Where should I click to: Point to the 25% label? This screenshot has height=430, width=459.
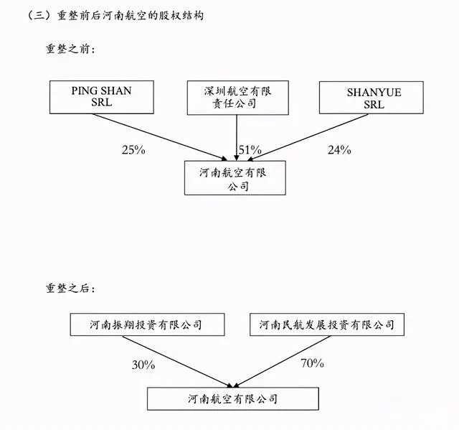pyautogui.click(x=133, y=150)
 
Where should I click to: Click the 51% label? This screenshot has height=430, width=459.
pyautogui.click(x=250, y=150)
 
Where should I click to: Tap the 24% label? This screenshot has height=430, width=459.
pyautogui.click(x=339, y=150)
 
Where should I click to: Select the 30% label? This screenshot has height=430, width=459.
pyautogui.click(x=143, y=365)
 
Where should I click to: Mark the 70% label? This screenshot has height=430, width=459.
pyautogui.click(x=313, y=363)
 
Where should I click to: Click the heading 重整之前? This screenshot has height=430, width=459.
pyautogui.click(x=70, y=49)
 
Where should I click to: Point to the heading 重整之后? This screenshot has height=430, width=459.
pyautogui.click(x=70, y=289)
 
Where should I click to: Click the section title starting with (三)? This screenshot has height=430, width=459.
pyautogui.click(x=115, y=15)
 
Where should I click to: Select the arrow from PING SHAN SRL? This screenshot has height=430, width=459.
pyautogui.click(x=160, y=137)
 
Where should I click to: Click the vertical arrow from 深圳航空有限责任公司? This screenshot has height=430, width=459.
pyautogui.click(x=237, y=138)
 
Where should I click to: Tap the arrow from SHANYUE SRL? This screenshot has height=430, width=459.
pyautogui.click(x=308, y=137)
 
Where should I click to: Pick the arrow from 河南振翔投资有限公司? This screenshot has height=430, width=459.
pyautogui.click(x=177, y=362)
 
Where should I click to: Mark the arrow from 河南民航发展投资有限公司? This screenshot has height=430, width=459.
pyautogui.click(x=282, y=362)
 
